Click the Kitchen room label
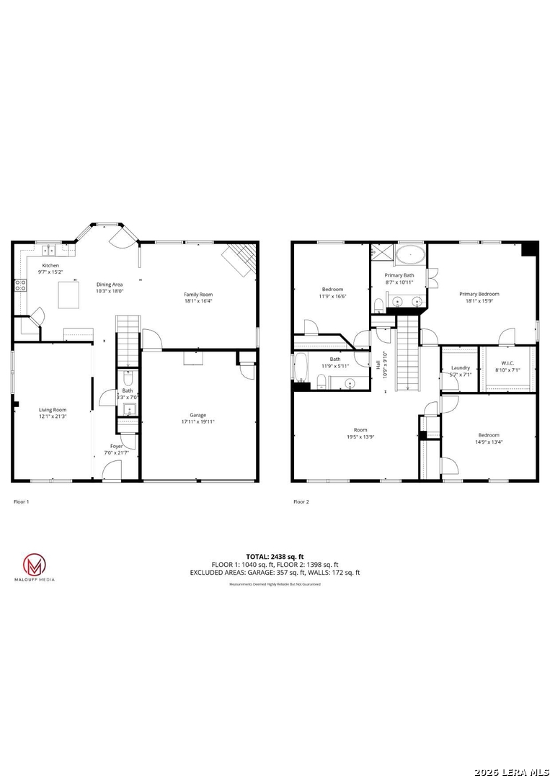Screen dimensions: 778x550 click(50, 265)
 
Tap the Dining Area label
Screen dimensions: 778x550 click(110, 285)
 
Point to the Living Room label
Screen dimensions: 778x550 click(53, 409)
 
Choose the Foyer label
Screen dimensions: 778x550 click(116, 446)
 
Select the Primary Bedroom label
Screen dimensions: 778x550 click(479, 294)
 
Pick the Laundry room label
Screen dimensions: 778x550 click(461, 367)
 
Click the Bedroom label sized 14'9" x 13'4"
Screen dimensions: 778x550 click(488, 434)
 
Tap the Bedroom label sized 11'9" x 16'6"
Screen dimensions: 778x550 click(332, 289)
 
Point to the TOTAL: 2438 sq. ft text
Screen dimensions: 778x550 click(275, 556)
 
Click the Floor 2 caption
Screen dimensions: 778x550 click(301, 501)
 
